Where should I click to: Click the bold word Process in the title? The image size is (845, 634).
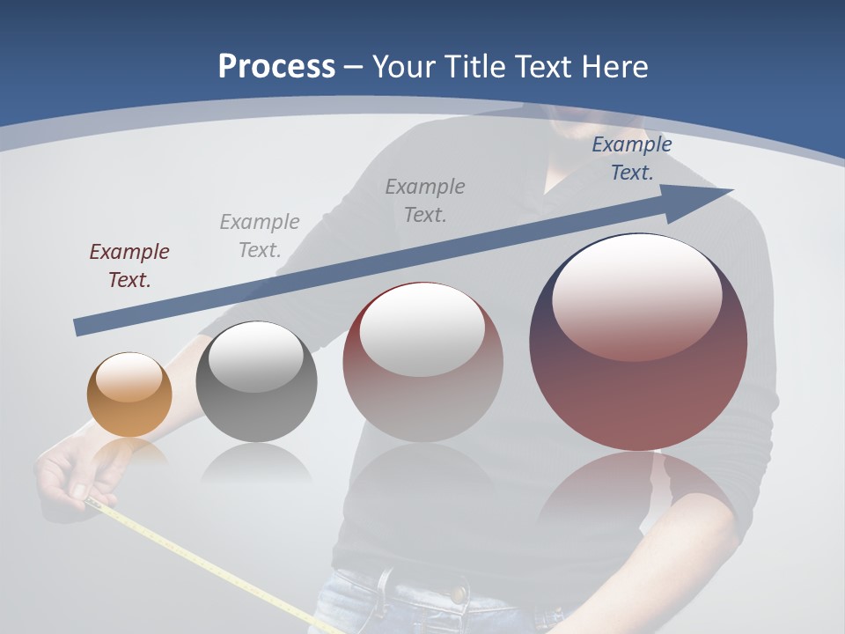tap(276, 67)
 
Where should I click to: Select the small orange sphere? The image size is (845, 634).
tap(129, 394)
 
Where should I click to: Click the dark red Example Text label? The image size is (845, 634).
tap(129, 265)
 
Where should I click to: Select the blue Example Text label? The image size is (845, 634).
tap(631, 158)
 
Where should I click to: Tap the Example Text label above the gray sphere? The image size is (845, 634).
tap(260, 235)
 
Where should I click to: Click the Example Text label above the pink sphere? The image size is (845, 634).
tap(425, 200)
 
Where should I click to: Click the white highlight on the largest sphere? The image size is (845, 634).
tap(636, 298)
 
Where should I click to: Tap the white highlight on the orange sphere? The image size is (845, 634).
tap(129, 377)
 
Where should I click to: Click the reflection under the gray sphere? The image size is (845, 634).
tap(256, 463)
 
